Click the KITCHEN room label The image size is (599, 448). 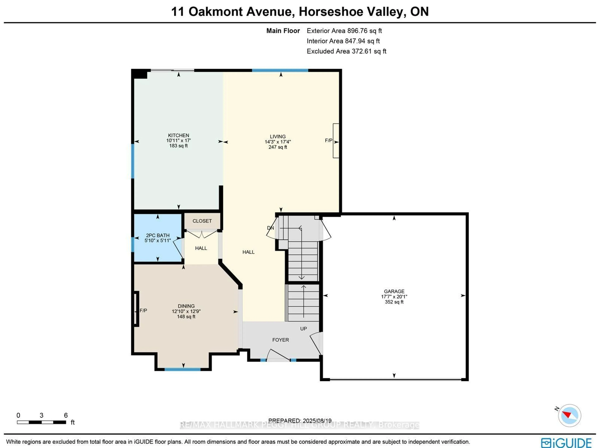[x=178, y=135]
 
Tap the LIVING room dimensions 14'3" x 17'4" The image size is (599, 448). [x=278, y=142]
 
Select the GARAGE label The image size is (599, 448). [x=394, y=291]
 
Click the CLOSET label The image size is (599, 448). [x=202, y=221]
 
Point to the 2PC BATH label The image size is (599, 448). [x=158, y=235]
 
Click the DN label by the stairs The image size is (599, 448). [x=270, y=228]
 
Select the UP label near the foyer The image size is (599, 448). [x=303, y=329]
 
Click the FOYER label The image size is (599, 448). [x=280, y=340]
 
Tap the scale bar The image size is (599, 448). [x=41, y=422]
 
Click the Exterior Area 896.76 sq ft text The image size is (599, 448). [x=344, y=31]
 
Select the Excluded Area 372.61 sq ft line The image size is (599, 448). [x=346, y=51]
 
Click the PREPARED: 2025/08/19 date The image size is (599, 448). [x=300, y=421]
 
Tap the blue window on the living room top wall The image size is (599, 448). [x=280, y=71]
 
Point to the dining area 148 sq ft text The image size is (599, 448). [x=186, y=316]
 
